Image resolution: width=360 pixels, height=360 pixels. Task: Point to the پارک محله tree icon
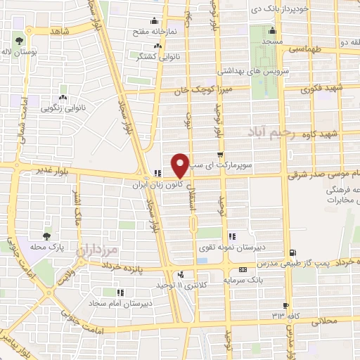click(47, 236)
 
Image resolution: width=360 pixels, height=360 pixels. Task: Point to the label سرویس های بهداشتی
click(213, 71)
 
